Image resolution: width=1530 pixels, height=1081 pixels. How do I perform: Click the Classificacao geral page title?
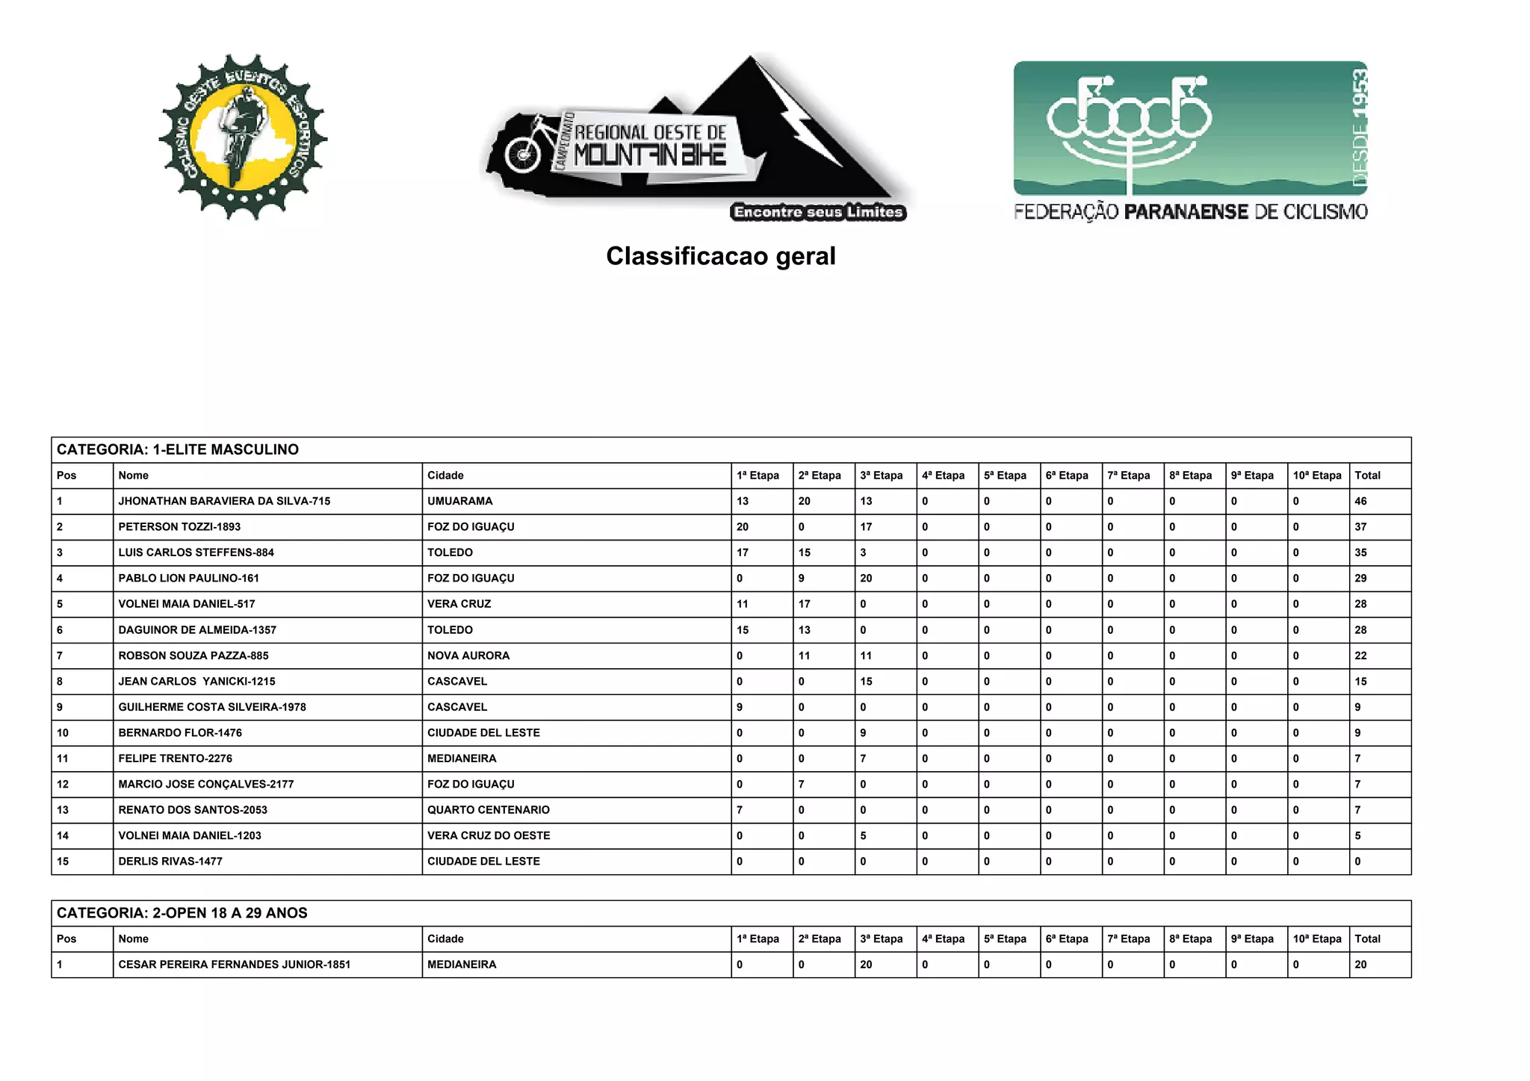coord(720,256)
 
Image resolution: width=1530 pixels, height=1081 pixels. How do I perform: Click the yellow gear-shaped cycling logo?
coord(243,137)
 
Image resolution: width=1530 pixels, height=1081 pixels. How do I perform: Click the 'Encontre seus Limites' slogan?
coord(818,213)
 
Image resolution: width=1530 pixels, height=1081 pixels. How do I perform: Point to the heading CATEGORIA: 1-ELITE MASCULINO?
coord(178,449)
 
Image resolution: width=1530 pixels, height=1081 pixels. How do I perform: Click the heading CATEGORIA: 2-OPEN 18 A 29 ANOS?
coord(182,913)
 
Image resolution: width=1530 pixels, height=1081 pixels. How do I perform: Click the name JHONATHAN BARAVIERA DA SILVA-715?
coord(224,501)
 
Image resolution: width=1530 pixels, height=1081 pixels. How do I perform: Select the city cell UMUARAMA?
coord(460,501)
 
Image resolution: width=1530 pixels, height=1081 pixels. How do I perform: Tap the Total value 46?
coord(1360,501)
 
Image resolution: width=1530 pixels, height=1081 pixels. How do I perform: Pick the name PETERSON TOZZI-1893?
coord(179,527)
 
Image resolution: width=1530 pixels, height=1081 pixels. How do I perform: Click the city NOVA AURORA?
coord(468,655)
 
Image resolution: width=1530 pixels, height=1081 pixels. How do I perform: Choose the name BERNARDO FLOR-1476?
coord(180,733)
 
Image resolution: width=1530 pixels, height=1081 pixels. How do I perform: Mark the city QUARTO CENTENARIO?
coord(489,810)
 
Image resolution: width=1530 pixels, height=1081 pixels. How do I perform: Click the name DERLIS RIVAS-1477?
coord(170,862)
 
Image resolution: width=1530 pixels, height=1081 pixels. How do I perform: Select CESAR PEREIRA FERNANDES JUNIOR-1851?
coord(235,965)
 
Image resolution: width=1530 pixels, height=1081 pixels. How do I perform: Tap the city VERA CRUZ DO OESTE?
coord(489,835)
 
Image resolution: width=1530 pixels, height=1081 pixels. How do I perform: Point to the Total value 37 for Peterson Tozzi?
coord(1360,527)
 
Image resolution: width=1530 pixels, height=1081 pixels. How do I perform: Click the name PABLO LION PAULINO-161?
coord(189,579)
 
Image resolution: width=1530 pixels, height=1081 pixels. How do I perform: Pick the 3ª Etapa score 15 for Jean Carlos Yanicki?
coord(866,682)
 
